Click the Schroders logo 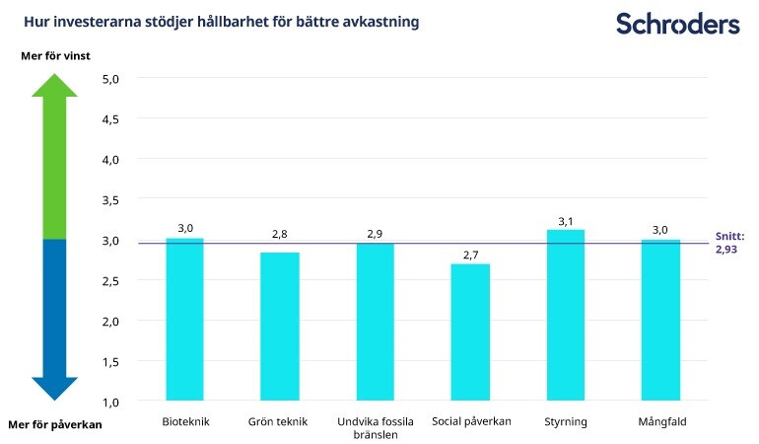pos(677,24)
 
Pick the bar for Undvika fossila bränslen pos(375,322)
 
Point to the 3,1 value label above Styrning pos(565,221)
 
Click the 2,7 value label pos(470,256)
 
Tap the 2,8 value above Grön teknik pos(280,235)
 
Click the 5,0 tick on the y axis pos(111,78)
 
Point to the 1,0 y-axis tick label pos(111,402)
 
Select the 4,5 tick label pos(111,118)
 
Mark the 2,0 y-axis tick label pos(111,321)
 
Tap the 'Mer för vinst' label pos(55,56)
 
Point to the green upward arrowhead pos(54,86)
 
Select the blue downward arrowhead pos(54,388)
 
